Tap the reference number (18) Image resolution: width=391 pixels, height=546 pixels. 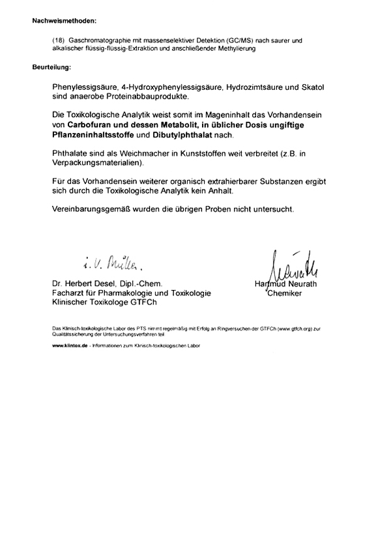59,40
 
